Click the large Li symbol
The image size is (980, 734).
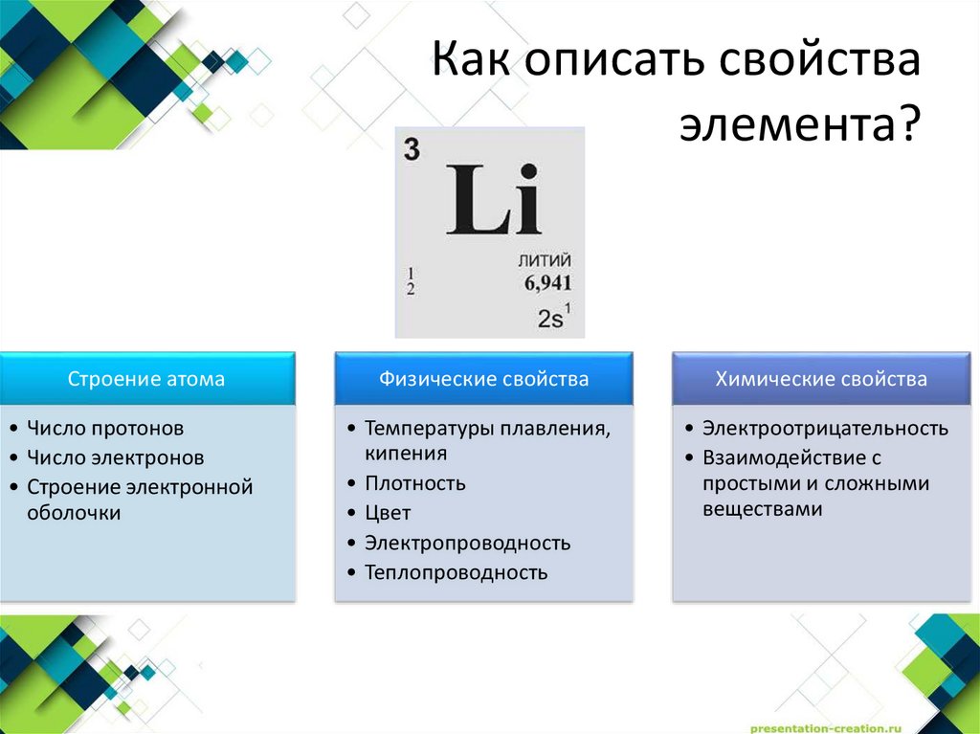[493, 202]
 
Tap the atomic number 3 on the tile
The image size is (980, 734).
[412, 150]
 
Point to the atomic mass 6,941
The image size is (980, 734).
[547, 283]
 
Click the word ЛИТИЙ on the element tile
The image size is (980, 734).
[544, 261]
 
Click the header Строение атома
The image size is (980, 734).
[146, 379]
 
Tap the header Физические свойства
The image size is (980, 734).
[483, 379]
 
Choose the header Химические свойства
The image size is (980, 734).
[821, 379]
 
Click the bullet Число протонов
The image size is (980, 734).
[104, 428]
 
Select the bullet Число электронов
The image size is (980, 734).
[115, 457]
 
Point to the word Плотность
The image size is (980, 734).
[414, 483]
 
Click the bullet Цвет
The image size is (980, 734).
[388, 513]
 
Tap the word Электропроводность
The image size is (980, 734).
[467, 544]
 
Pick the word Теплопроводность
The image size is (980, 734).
[456, 573]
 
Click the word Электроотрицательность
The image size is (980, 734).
[825, 428]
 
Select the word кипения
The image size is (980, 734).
[406, 454]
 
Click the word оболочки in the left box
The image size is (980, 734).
[74, 513]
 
